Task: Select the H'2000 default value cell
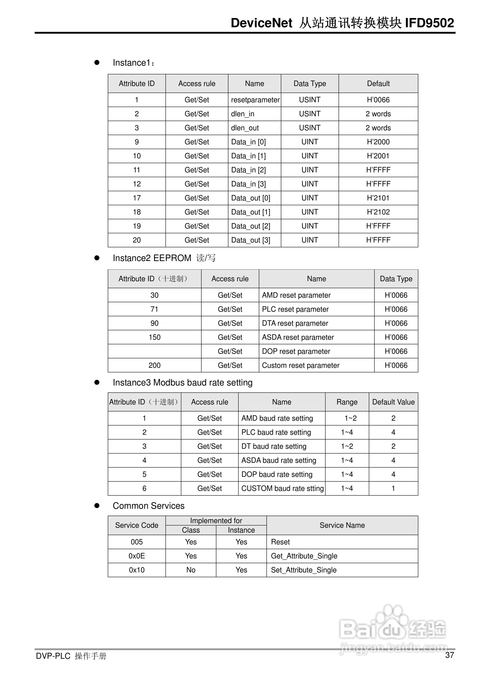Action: [x=378, y=142]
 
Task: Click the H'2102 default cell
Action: [x=378, y=212]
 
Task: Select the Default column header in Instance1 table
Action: [x=378, y=84]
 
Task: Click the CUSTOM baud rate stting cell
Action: [x=282, y=489]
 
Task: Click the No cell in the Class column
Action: [x=191, y=570]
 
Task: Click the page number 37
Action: [x=449, y=655]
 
